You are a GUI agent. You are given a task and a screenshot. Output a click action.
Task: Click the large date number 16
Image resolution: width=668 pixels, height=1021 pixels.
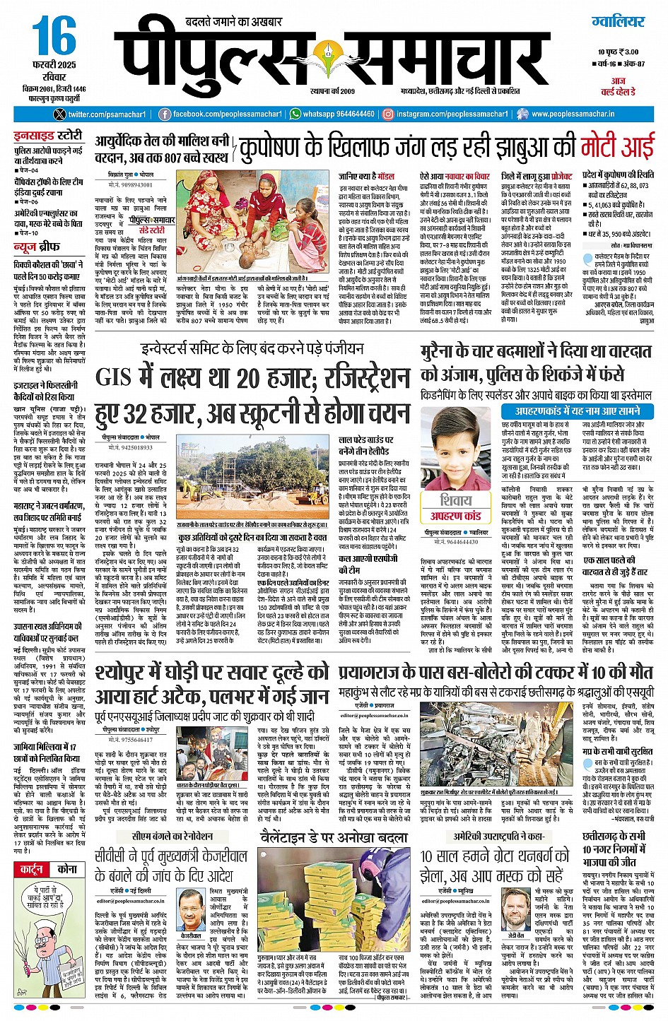click(54, 38)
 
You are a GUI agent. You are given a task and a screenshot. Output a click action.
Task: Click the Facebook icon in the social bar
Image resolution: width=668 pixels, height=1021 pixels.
click(165, 114)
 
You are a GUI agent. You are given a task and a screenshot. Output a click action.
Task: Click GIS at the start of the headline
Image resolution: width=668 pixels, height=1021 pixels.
click(113, 378)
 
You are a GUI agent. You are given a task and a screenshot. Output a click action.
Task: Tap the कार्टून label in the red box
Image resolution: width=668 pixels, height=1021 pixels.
click(32, 869)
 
